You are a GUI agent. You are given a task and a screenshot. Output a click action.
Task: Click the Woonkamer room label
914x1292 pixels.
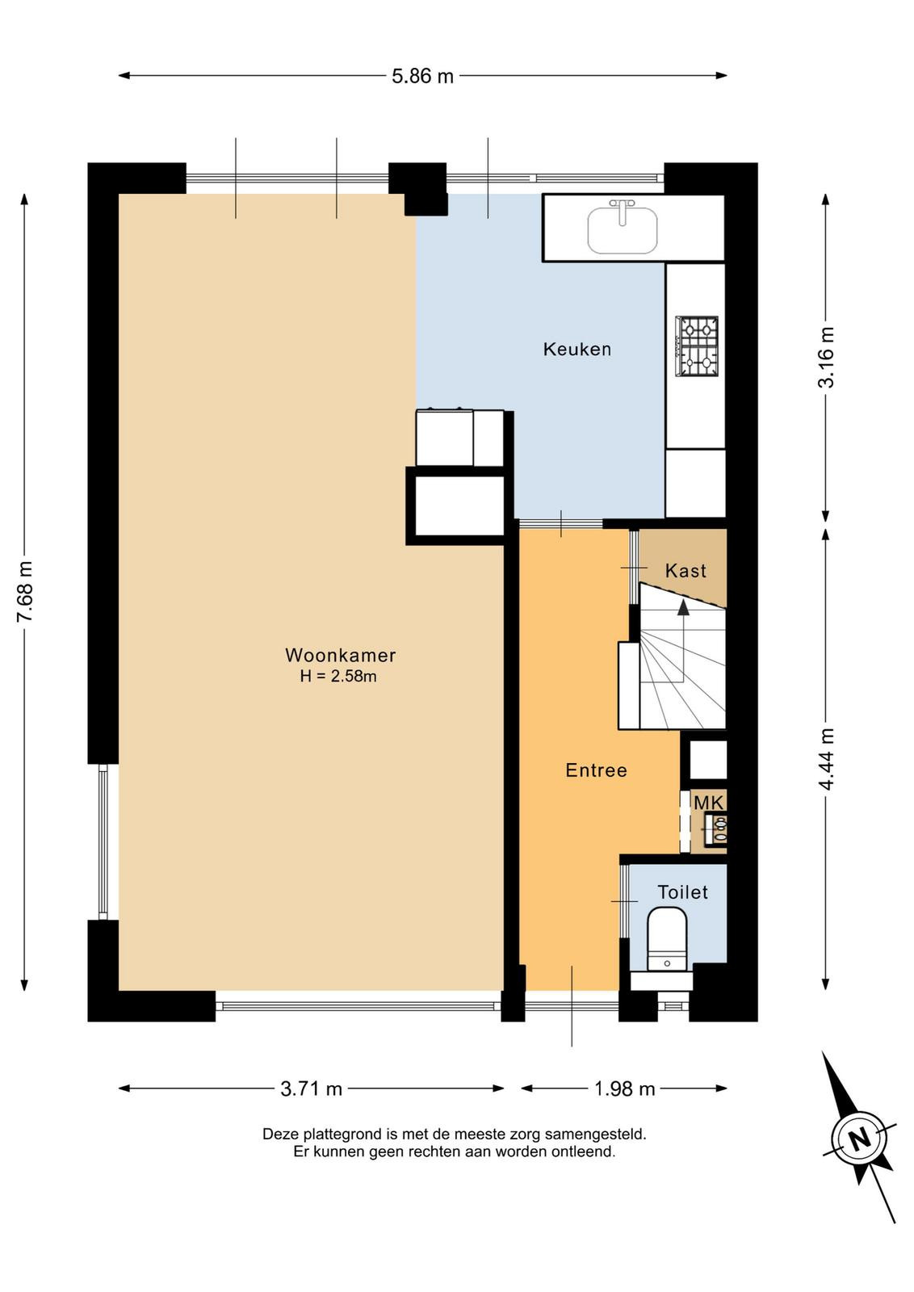[340, 655]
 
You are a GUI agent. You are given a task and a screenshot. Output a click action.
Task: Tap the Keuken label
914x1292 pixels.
[577, 349]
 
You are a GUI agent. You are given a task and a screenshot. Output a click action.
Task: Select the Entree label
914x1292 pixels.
[596, 770]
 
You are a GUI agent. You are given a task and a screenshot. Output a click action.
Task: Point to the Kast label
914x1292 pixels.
[685, 570]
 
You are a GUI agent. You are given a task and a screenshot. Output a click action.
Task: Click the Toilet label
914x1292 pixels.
[683, 892]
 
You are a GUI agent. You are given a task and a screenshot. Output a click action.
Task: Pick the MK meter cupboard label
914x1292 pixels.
[709, 803]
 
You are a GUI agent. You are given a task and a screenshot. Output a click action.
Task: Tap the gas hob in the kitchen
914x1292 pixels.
[697, 346]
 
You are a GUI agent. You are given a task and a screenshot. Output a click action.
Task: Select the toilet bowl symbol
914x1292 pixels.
[667, 939]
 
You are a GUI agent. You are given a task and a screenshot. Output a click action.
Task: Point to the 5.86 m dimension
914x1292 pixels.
[423, 76]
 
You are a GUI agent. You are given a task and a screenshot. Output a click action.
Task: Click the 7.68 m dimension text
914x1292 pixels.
[26, 592]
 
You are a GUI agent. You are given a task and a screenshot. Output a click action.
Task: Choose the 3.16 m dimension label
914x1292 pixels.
[826, 357]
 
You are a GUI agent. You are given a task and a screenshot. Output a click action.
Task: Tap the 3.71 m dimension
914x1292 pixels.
[312, 1089]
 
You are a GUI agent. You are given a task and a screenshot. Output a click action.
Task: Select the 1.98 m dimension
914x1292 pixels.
[624, 1089]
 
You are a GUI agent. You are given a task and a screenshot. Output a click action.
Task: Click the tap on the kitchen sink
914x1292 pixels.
[623, 212]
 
